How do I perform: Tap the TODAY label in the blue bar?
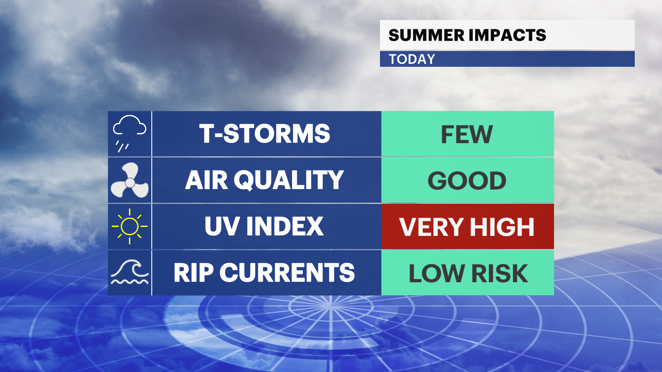pyautogui.click(x=412, y=59)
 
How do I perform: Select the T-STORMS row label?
pyautogui.click(x=264, y=134)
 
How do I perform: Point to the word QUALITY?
pyautogui.click(x=289, y=180)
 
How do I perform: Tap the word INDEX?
pyautogui.click(x=285, y=226)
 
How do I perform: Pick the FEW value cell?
pyautogui.click(x=467, y=134)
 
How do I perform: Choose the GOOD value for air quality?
pyautogui.click(x=467, y=180)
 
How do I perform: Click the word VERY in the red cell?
pyautogui.click(x=431, y=227)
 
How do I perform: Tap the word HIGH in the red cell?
pyautogui.click(x=502, y=227)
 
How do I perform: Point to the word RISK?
pyautogui.click(x=500, y=273)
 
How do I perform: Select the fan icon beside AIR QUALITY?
pyautogui.click(x=130, y=180)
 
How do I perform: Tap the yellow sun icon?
pyautogui.click(x=130, y=226)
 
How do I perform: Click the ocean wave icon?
pyautogui.click(x=130, y=273)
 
